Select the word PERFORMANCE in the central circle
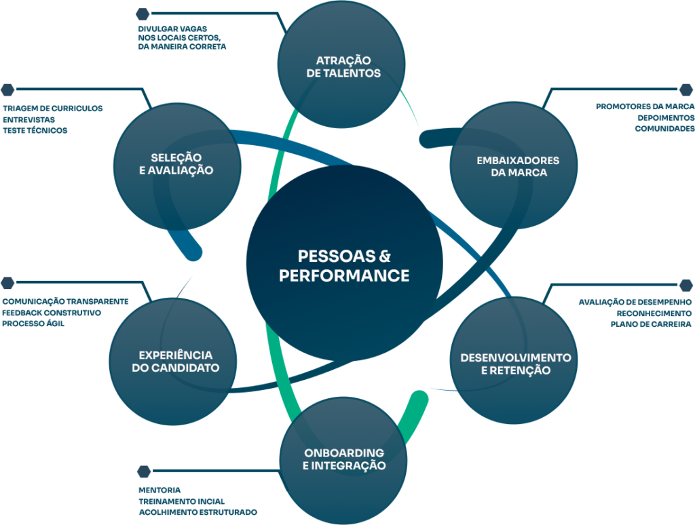344,276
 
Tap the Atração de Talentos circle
342,66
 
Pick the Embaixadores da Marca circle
514,166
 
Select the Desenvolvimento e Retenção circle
514,364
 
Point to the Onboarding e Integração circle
343,459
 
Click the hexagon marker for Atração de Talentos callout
143,13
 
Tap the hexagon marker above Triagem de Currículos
7,90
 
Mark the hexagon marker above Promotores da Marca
686,90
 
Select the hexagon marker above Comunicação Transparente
7,282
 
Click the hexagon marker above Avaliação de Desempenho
686,285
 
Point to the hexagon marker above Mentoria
144,471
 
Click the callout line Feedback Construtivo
52,313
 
